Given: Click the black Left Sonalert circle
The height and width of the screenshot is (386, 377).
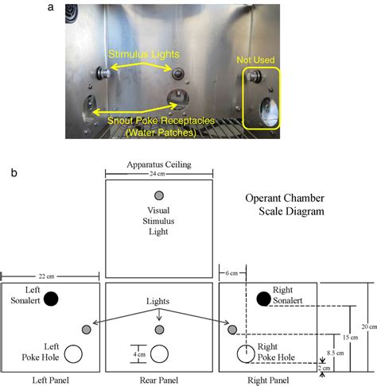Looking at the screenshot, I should pos(51,299).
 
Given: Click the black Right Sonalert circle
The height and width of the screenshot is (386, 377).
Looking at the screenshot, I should pos(263,299).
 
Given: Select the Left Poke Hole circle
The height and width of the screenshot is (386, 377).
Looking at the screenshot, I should pos(74,353).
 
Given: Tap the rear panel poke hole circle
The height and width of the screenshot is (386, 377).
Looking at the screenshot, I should pos(158,353).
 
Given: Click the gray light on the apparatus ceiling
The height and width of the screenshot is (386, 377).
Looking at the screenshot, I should pos(158,196).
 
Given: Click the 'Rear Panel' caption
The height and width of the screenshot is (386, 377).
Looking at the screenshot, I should pos(157,380).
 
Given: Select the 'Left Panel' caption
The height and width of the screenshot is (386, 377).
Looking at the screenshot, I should pos(52,380).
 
